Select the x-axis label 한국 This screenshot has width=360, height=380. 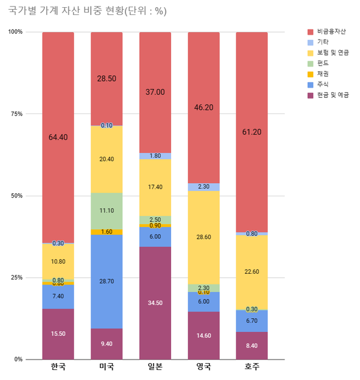(58, 367)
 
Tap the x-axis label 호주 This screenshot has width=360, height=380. (251, 367)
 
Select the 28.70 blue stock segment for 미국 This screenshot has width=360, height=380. (106, 281)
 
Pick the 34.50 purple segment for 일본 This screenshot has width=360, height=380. (155, 303)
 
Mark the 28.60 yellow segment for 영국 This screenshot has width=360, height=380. (203, 237)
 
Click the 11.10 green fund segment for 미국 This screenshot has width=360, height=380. (106, 211)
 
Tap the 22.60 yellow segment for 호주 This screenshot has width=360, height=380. (251, 272)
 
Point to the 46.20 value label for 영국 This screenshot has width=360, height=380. (203, 107)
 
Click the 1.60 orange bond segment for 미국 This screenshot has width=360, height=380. (106, 232)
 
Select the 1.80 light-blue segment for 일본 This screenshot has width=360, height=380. (155, 156)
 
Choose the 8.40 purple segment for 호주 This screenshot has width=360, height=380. (251, 345)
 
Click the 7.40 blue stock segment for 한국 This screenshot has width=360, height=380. (58, 297)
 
